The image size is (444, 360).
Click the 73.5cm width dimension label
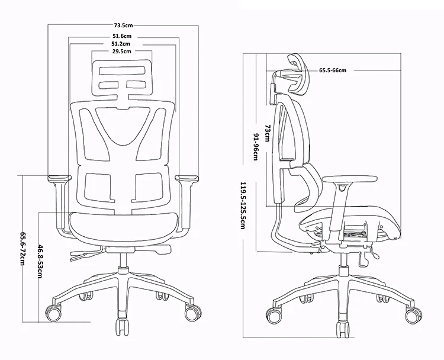tap(124, 25)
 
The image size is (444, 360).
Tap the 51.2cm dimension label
tap(121, 44)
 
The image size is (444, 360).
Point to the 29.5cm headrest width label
tap(122, 52)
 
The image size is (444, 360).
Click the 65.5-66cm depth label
tap(333, 70)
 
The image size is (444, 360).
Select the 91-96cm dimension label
tap(256, 147)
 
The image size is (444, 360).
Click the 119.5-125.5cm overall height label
tap(243, 205)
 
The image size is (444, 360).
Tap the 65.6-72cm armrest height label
tap(22, 249)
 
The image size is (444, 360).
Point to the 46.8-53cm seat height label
tap(40, 258)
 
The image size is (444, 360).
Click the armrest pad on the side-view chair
tap(350, 179)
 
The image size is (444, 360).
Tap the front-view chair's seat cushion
tap(124, 227)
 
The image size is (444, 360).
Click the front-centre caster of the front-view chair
tap(123, 327)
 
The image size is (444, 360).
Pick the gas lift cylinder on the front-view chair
tap(123, 260)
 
